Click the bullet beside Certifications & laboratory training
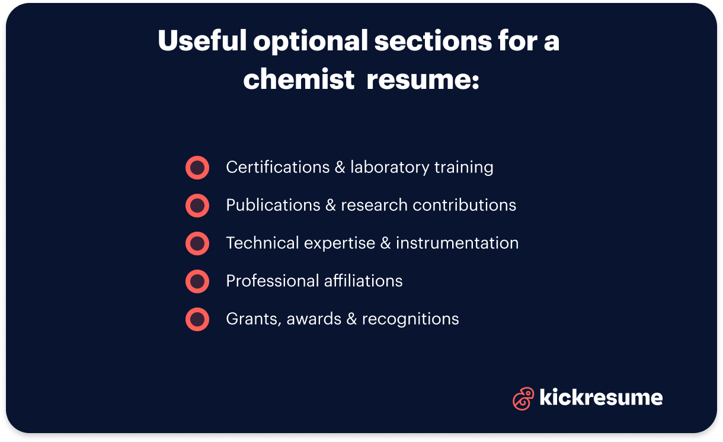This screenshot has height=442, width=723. pos(197,168)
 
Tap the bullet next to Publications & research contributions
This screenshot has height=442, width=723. pos(197,206)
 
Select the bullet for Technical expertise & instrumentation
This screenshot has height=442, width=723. pos(197,244)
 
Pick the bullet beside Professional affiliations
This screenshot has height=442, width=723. pos(197,281)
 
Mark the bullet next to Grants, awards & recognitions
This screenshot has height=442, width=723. pos(197,319)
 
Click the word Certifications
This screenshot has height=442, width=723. pos(277,168)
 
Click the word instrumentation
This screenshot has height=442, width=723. pos(457,244)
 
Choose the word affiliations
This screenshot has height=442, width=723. pos(362,281)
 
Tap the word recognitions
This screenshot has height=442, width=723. pos(410,319)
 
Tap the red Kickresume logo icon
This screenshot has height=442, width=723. pos(523,398)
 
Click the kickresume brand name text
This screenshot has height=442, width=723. pos(601,398)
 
